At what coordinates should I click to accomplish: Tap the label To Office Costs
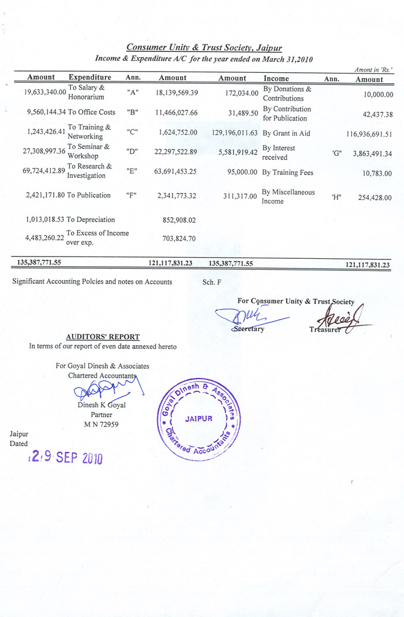pyautogui.click(x=92, y=112)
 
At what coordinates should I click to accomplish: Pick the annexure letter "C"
pyautogui.click(x=133, y=132)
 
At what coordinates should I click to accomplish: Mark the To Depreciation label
pyautogui.click(x=91, y=220)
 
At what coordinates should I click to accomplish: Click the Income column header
pyautogui.click(x=276, y=78)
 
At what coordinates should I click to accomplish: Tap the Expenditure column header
pyautogui.click(x=90, y=77)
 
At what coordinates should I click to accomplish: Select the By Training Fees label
pyautogui.click(x=287, y=172)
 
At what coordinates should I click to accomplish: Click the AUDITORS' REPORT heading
pyautogui.click(x=103, y=336)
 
